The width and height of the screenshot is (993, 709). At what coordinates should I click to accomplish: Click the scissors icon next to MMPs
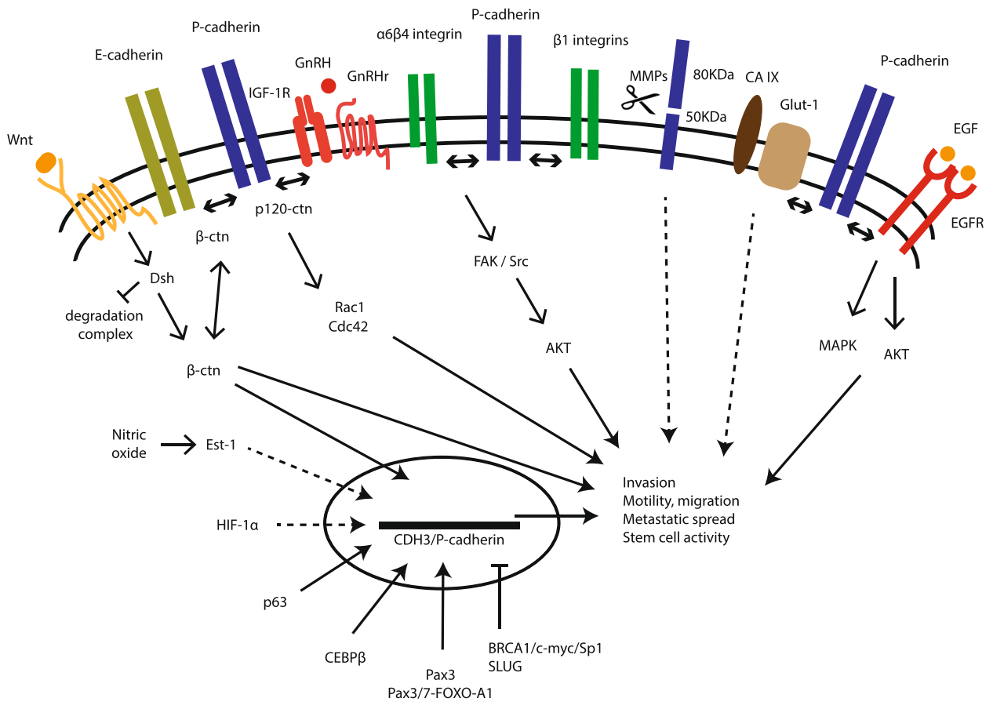point(641,99)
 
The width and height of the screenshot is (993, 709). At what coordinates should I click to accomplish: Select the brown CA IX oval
point(748,134)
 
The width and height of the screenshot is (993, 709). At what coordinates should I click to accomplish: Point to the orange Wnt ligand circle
point(46,163)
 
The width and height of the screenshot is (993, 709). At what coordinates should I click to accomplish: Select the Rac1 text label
point(344,309)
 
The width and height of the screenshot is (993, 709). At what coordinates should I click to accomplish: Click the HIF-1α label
point(238,525)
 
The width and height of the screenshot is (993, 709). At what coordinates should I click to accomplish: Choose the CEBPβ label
point(344,657)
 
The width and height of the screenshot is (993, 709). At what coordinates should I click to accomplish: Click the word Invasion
point(649,482)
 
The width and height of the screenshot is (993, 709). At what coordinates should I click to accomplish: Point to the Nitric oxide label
point(129,443)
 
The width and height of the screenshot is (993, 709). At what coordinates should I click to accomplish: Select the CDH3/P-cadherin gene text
point(448,540)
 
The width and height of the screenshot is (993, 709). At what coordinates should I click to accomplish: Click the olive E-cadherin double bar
point(159,152)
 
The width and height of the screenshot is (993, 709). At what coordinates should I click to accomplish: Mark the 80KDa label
point(714,75)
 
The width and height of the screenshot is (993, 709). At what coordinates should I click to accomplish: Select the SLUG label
point(505,666)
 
